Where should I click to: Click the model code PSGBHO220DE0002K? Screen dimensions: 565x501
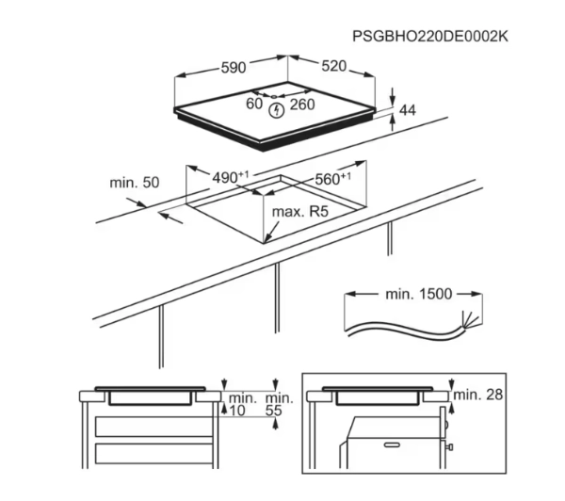pos(430,37)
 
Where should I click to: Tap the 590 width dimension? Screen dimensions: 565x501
pos(234,68)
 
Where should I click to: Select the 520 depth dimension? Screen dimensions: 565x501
pos(333,66)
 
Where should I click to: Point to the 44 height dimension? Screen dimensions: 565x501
pos(408,110)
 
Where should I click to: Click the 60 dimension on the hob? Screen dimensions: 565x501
pos(254,104)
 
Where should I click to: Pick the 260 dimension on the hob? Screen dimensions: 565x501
pos(302,105)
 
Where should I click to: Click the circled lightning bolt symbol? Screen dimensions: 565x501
pos(277,110)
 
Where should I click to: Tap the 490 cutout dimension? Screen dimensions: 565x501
pos(231,177)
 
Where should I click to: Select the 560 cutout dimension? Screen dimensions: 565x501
pos(333,178)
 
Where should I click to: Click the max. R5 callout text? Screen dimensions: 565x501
pos(300,212)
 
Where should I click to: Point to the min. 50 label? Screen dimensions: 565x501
pos(135,183)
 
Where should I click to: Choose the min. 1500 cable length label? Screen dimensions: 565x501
pos(418,294)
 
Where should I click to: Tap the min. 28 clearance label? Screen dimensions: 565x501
pos(477,395)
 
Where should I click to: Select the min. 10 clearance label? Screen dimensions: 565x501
pos(242,404)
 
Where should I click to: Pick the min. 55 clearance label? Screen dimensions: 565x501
pos(280,404)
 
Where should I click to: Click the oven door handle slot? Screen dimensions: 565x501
pos(392,445)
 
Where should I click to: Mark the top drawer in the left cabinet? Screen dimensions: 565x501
pos(154,427)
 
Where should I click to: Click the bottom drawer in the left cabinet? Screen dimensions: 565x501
pos(154,453)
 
